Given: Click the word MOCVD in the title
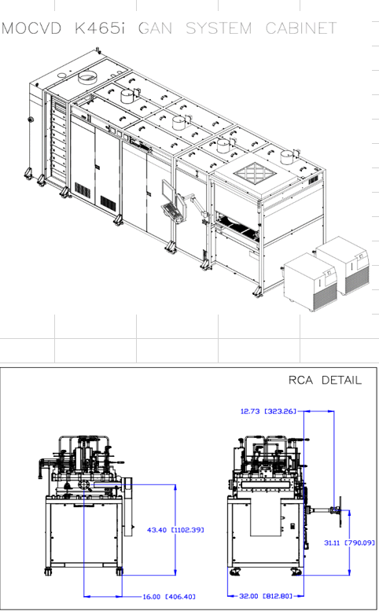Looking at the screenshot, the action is (x=31, y=28).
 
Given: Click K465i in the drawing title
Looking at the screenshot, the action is (x=100, y=28).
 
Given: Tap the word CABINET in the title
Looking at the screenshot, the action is (x=301, y=28).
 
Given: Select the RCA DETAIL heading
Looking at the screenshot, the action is (x=325, y=380).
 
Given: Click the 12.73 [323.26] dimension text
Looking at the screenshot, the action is (x=268, y=411).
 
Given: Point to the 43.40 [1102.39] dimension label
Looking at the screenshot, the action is (x=175, y=530).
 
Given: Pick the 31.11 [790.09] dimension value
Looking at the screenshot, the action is (x=349, y=543).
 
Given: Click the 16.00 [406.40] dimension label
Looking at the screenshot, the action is (x=168, y=597).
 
